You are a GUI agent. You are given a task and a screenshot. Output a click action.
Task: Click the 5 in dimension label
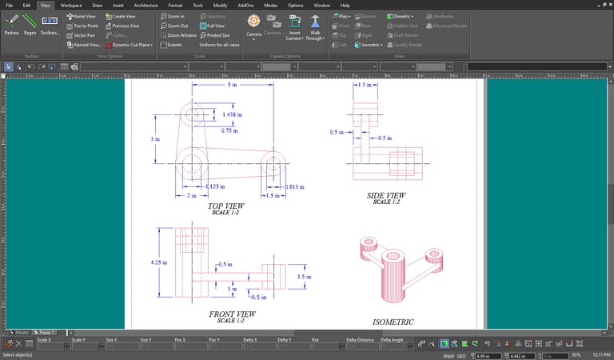[232, 85]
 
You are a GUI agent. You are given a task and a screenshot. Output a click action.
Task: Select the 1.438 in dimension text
[233, 115]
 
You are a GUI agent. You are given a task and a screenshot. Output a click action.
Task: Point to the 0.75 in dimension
[230, 130]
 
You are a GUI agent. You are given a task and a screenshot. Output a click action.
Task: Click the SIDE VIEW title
[386, 196]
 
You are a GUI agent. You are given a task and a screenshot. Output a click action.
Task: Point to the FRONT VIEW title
[232, 314]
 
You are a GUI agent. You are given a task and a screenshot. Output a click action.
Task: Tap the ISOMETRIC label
[393, 322]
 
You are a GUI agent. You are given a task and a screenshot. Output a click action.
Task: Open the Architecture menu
[146, 5]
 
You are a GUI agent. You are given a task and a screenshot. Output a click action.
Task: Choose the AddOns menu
[245, 5]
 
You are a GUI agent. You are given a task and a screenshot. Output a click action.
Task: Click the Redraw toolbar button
[11, 25]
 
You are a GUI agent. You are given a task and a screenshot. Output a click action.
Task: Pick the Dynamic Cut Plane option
[130, 45]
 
